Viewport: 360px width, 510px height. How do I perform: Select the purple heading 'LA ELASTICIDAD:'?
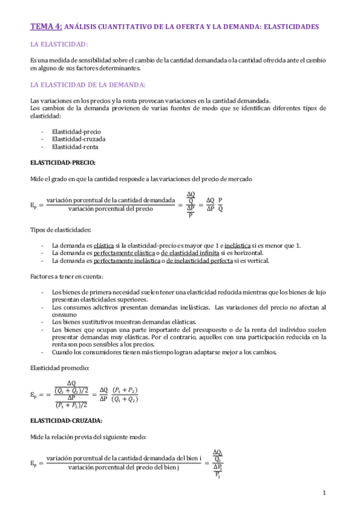(x=59, y=45)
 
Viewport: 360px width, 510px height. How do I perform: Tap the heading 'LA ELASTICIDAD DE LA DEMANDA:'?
(x=84, y=84)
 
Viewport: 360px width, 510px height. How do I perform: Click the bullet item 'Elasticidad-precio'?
(x=76, y=131)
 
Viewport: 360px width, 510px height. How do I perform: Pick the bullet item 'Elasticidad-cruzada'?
(x=78, y=139)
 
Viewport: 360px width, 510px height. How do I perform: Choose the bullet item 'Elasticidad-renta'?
(x=75, y=146)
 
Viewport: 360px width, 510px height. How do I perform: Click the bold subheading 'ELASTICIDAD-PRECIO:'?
(x=63, y=162)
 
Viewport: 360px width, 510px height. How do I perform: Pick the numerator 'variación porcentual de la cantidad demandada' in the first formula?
(x=111, y=200)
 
